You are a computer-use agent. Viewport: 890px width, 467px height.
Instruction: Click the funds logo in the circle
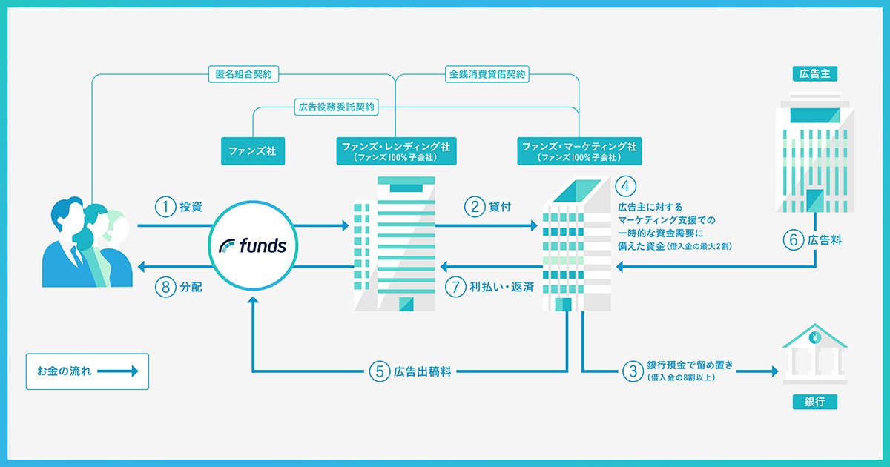coord(253,245)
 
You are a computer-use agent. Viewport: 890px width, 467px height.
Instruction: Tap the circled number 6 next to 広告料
coord(794,240)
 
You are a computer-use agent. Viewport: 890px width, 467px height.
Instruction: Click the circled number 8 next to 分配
coord(165,287)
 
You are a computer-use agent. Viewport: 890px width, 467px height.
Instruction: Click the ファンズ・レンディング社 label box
coord(395,150)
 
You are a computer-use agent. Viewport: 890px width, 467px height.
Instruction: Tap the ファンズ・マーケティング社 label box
coord(579,150)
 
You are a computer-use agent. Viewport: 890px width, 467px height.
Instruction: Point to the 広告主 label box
coord(814,73)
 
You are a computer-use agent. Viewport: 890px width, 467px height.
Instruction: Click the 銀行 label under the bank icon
coord(814,402)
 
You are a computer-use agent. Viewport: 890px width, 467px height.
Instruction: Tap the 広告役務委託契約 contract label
coord(337,107)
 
